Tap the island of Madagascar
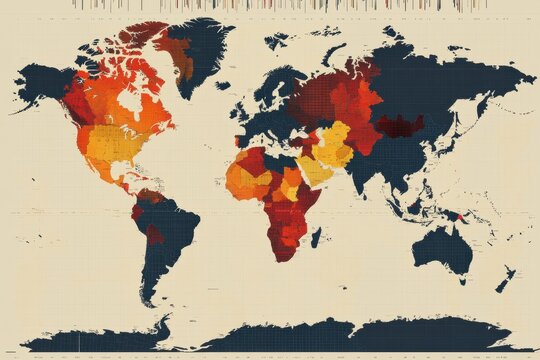pos(316,237)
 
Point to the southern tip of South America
pos(150,300)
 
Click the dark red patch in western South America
pos(153,236)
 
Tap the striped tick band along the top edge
pos(270,5)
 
